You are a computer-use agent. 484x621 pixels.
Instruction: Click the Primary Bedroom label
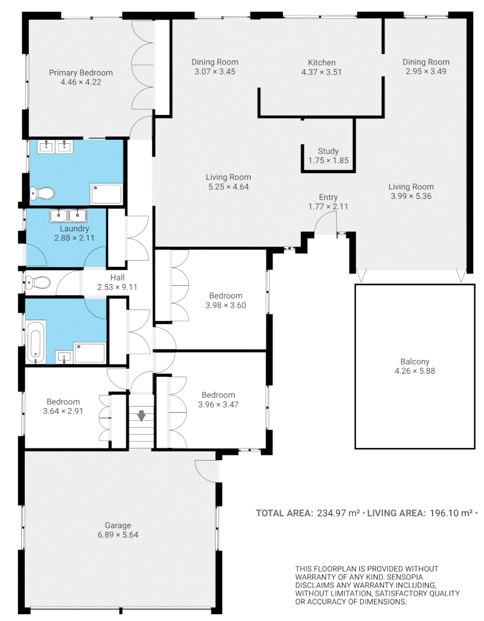tap(80, 73)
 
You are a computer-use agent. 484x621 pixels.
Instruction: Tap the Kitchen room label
tap(321, 63)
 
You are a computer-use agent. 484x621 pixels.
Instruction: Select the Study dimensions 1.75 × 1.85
tap(328, 161)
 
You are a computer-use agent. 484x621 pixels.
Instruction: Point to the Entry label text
tap(328, 197)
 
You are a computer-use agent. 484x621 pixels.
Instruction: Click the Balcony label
tap(414, 362)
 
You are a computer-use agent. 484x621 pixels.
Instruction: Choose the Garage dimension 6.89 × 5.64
tap(118, 534)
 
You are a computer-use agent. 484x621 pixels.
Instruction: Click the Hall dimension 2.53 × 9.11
tap(117, 287)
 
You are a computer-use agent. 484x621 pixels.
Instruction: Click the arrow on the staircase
tap(141, 414)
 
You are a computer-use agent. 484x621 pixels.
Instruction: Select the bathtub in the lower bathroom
tap(36, 343)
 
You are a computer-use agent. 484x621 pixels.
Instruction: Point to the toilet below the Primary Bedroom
tap(42, 193)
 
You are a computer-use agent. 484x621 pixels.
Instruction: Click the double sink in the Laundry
tap(68, 216)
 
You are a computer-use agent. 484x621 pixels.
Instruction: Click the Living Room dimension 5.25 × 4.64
tap(228, 186)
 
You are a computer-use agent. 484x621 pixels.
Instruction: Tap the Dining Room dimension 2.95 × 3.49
tap(426, 71)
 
